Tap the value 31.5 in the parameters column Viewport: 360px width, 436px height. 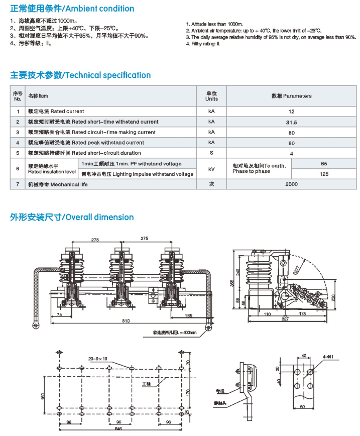coord(291,122)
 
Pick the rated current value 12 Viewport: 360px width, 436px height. coord(291,112)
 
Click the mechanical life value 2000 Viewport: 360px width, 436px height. coord(291,184)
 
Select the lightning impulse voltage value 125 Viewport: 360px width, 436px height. coord(324,174)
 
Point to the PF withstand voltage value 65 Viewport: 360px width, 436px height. coord(324,164)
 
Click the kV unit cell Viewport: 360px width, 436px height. coord(211,169)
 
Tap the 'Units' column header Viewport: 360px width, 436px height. coord(211,96)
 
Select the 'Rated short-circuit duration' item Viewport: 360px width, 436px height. coord(84,153)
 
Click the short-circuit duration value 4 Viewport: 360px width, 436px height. coord(291,153)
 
